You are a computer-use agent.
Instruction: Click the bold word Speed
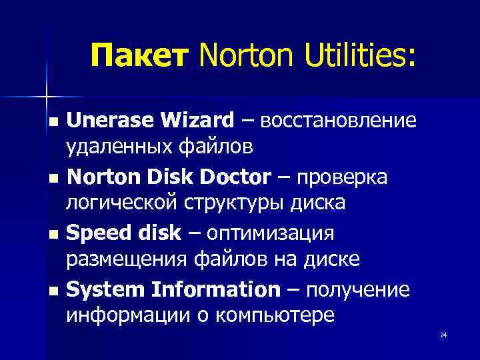96,234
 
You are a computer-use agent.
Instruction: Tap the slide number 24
443,335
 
